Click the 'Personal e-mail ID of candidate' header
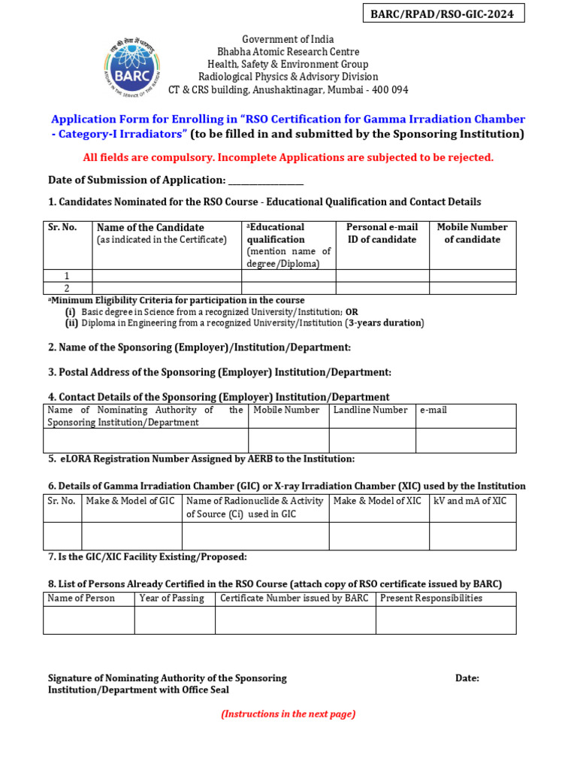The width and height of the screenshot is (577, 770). [382, 233]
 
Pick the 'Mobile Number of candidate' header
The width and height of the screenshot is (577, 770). [472, 233]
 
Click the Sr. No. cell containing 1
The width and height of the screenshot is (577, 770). [68, 276]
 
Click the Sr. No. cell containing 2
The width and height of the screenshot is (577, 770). [68, 288]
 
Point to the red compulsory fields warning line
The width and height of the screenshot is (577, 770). [288, 157]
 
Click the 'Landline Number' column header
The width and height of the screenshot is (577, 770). [370, 410]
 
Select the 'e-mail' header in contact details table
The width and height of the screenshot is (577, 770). [434, 410]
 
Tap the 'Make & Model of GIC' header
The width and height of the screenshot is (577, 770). [131, 501]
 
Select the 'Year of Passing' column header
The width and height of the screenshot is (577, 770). [172, 599]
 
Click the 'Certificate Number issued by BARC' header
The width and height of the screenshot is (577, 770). [294, 599]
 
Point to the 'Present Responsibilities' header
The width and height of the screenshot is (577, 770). [431, 599]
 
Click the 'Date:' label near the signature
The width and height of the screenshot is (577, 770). [467, 678]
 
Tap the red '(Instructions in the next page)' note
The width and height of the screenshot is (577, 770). [288, 714]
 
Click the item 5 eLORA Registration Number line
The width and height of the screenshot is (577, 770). [201, 459]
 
